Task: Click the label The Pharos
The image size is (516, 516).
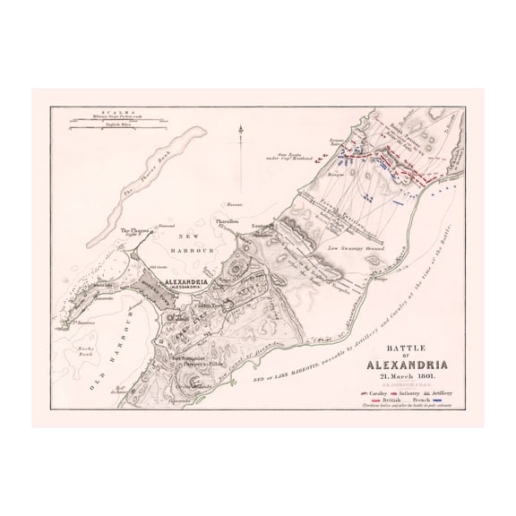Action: pos(133,231)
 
